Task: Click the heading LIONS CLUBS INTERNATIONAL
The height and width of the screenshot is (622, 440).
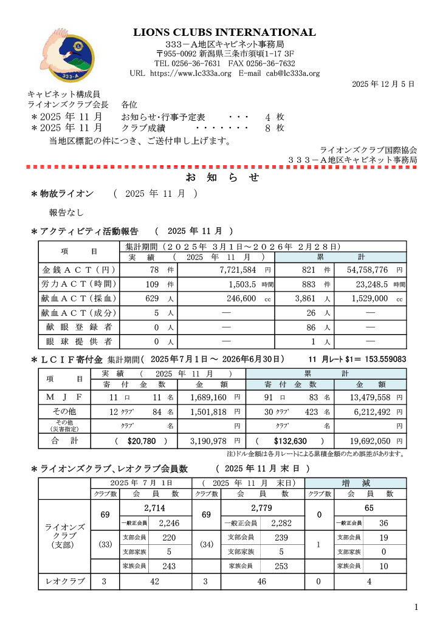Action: (x=225, y=33)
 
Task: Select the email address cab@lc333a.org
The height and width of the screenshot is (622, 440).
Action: (x=293, y=73)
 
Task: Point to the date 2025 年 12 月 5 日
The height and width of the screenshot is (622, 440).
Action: (x=383, y=84)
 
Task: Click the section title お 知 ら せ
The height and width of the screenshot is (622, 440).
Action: (x=222, y=177)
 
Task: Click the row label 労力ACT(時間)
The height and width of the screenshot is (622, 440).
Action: (x=78, y=284)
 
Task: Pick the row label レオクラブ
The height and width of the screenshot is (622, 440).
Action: (x=64, y=581)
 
